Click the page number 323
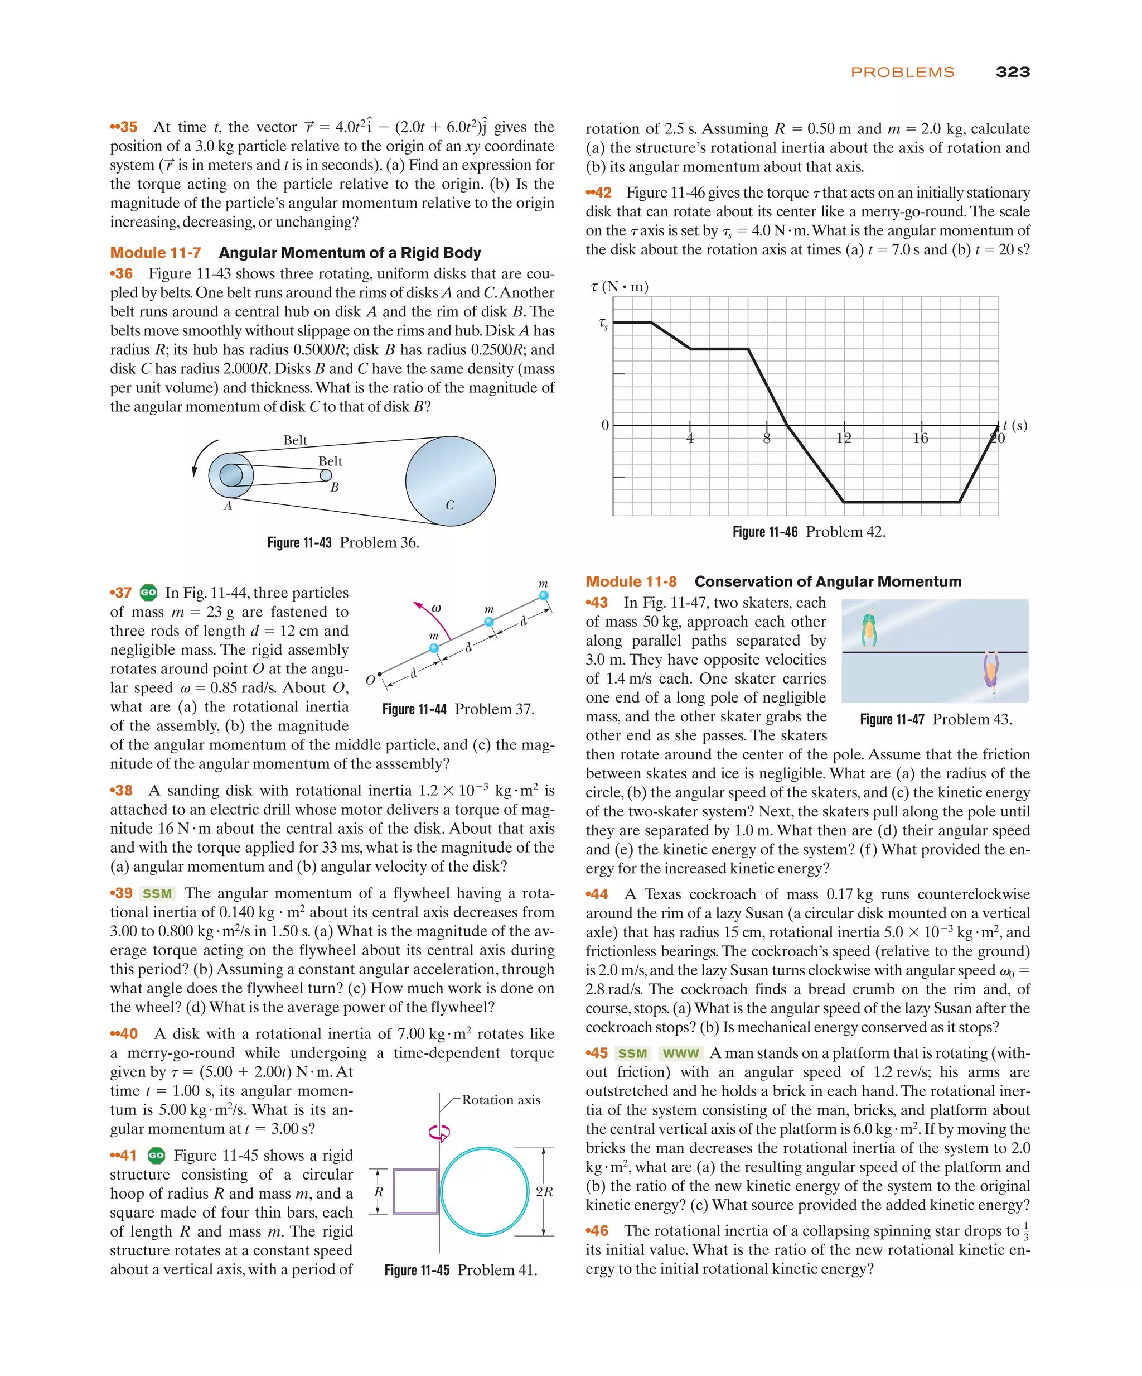point(1012,72)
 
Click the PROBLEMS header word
point(902,72)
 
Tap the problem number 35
point(124,127)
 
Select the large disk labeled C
point(450,480)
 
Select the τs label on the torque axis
point(603,323)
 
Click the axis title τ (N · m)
point(620,286)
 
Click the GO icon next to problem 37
point(149,593)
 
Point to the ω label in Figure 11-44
point(436,608)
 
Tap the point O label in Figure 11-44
point(370,680)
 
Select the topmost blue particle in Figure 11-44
point(544,595)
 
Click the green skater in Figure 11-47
point(869,628)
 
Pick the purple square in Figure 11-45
point(416,1191)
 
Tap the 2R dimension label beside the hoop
point(544,1191)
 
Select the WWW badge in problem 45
point(680,1053)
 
